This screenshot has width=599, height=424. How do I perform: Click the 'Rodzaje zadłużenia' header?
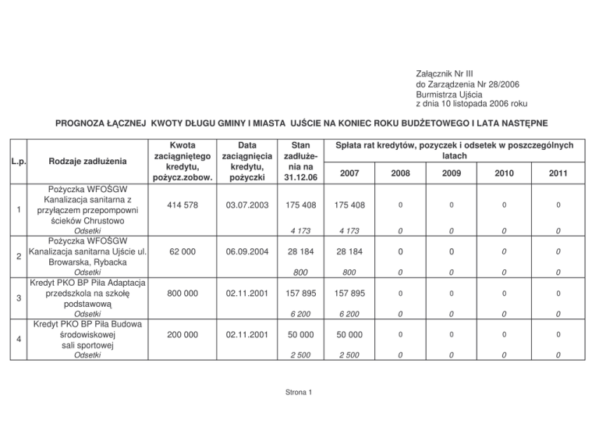pyautogui.click(x=87, y=162)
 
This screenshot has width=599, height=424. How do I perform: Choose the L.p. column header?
pyautogui.click(x=17, y=162)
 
